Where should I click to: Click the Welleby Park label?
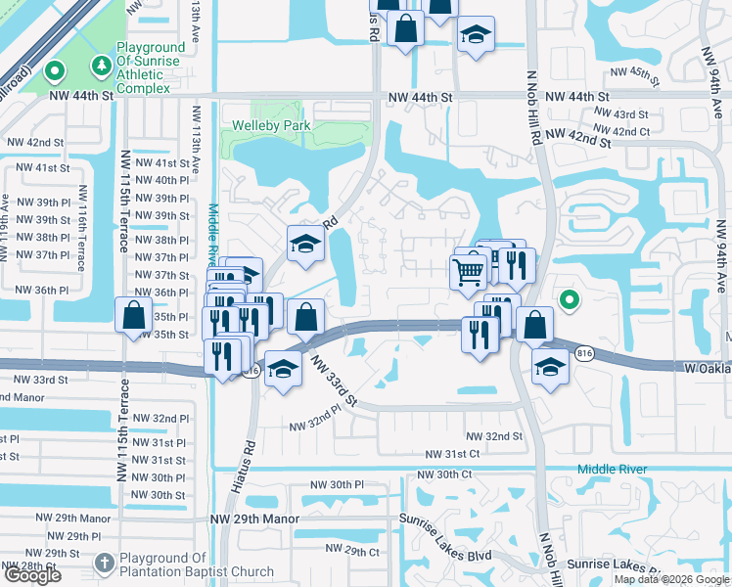271,125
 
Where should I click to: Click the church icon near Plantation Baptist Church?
105,564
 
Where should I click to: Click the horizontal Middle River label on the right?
612,470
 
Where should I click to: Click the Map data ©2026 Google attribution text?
670,579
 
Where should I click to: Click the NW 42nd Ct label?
621,131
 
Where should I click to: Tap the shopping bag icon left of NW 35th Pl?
133,316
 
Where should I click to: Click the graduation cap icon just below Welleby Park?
305,246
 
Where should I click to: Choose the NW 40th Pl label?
161,181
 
